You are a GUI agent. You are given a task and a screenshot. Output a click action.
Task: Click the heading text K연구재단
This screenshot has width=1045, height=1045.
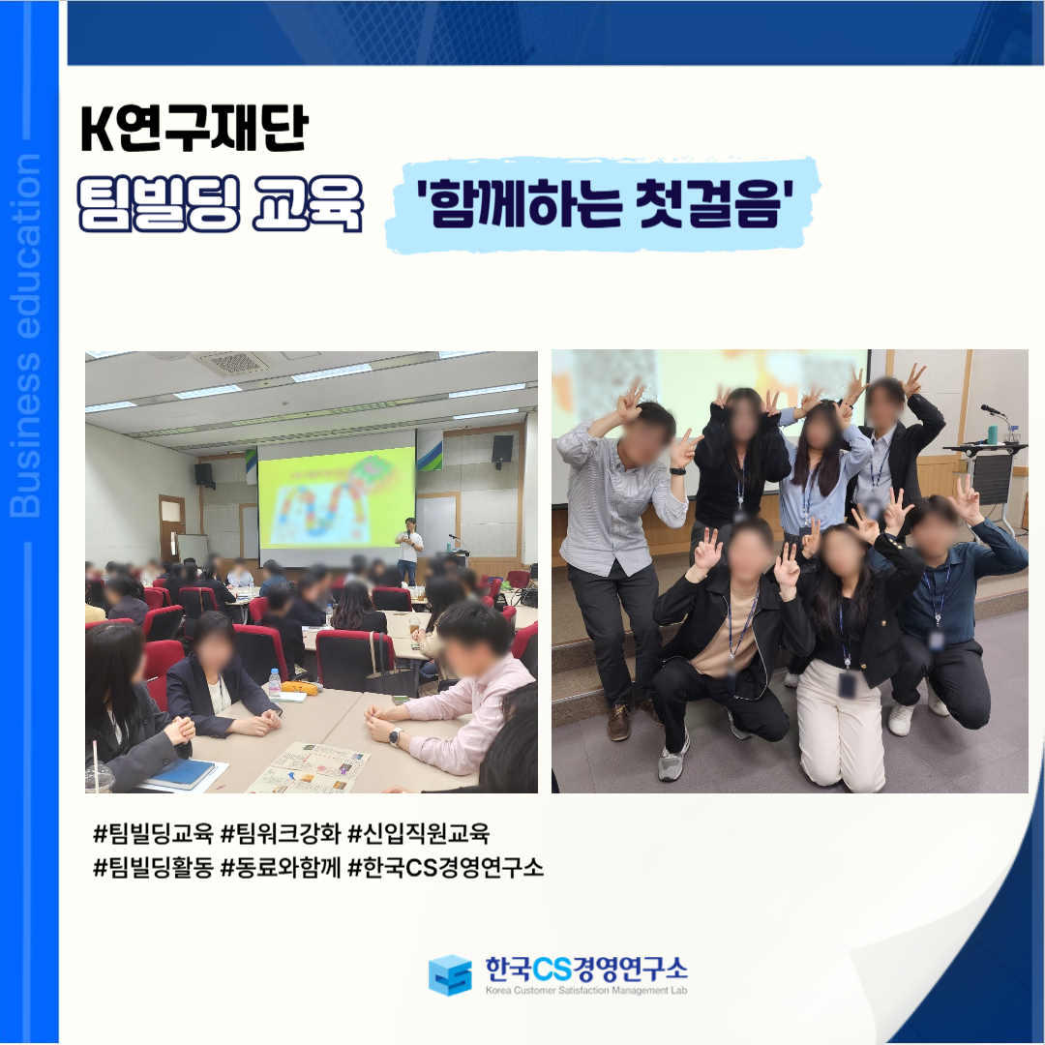click(x=194, y=128)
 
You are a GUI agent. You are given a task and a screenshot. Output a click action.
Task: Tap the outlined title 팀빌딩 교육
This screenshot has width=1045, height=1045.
click(x=220, y=203)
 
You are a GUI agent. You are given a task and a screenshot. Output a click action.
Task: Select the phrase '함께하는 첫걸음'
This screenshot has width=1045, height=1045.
click(x=605, y=202)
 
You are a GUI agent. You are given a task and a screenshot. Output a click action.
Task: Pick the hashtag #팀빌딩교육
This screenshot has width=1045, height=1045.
click(x=153, y=833)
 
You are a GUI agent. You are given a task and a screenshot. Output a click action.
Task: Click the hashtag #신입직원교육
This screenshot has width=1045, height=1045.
click(x=419, y=833)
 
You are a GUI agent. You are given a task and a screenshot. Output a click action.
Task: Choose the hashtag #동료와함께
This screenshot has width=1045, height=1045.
click(x=281, y=867)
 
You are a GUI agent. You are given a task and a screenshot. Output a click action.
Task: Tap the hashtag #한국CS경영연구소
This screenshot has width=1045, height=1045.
click(x=446, y=867)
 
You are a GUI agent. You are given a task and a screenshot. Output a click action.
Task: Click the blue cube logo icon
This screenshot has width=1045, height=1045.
click(x=450, y=974)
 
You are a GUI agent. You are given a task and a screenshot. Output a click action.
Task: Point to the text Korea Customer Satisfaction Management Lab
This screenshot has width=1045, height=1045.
click(x=585, y=991)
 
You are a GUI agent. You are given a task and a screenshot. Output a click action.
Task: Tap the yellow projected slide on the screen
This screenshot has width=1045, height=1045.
click(x=337, y=496)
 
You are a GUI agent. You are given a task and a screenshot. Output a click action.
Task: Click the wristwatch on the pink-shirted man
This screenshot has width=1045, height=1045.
click(x=395, y=737)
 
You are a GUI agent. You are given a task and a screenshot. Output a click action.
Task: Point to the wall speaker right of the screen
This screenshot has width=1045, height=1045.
click(x=502, y=448)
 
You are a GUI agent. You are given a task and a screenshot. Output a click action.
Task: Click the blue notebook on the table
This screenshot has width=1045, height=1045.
click(x=180, y=774)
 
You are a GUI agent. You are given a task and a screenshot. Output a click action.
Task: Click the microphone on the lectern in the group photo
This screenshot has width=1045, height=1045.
click(x=993, y=410)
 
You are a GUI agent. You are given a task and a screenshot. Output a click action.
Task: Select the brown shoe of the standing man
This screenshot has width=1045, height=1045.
click(x=619, y=723)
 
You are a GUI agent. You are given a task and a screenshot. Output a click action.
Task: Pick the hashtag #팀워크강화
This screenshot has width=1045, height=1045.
click(x=281, y=833)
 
